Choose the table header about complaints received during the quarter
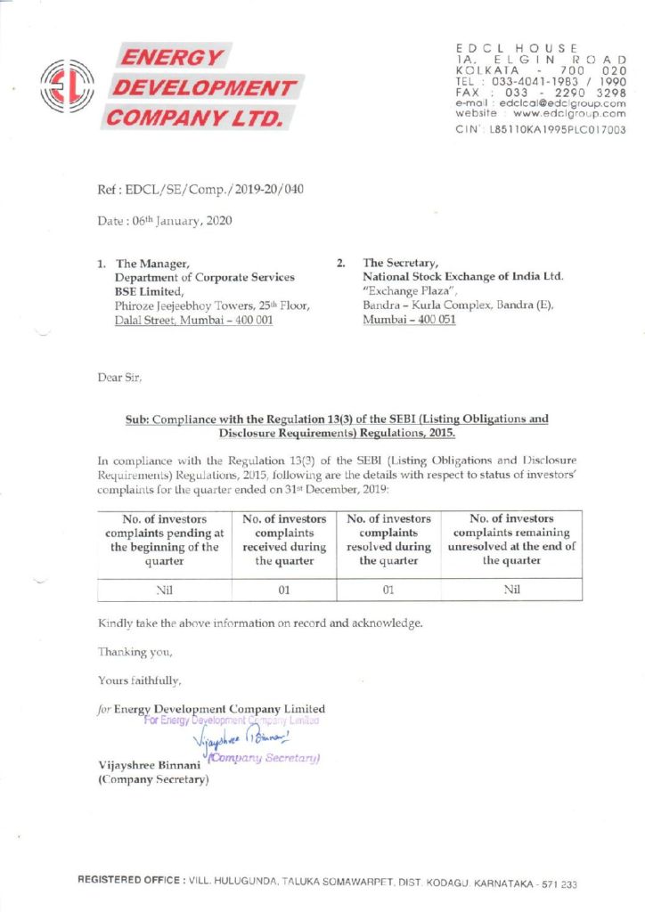tap(283, 539)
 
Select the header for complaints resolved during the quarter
tap(388, 539)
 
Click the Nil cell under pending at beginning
tap(163, 589)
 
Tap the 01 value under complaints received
tap(283, 589)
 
